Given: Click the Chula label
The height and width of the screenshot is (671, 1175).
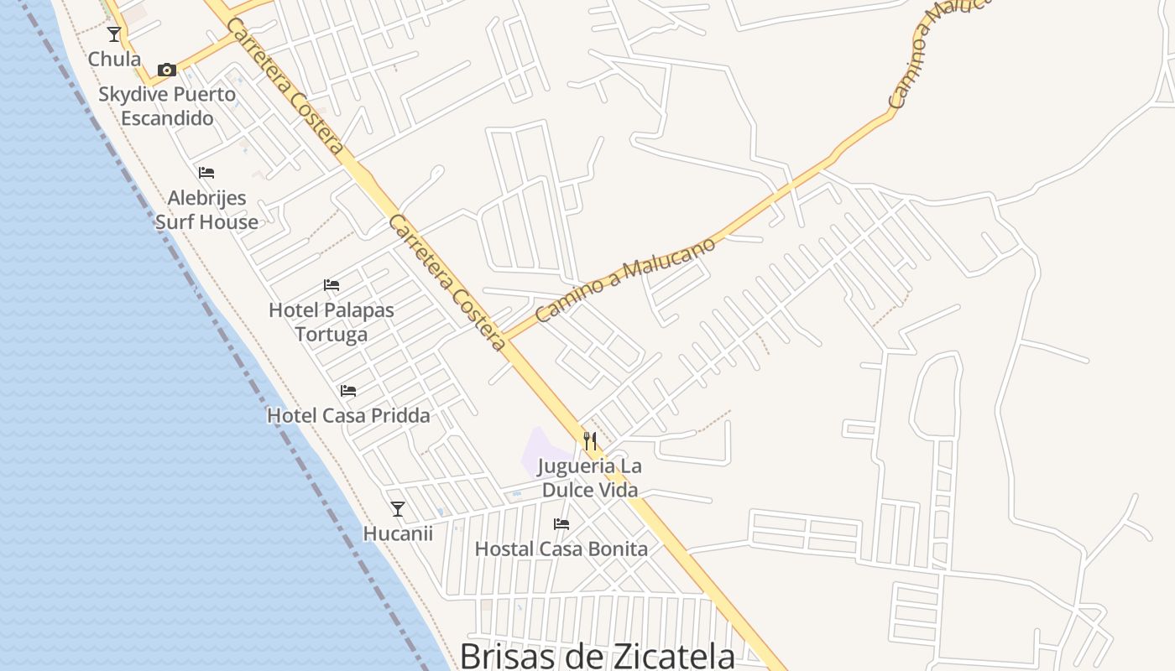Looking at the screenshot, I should point(114,60).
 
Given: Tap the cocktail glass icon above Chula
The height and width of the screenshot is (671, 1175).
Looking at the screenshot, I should point(114,34).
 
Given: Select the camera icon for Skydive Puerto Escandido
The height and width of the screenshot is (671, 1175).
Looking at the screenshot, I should point(167,70).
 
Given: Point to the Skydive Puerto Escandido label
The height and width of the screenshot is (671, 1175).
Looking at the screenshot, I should point(167,106).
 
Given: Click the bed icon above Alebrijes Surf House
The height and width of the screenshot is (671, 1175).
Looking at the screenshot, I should point(206,173).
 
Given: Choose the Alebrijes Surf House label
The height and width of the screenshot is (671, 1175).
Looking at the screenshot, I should point(206,210).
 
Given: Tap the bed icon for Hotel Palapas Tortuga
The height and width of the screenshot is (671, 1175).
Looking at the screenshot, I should point(332,285).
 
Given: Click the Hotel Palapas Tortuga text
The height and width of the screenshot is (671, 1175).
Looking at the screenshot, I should point(332,322).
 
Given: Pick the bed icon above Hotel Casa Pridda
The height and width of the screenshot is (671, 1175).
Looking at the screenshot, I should point(348,391).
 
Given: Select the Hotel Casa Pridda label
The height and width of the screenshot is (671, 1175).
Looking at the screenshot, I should point(348,415).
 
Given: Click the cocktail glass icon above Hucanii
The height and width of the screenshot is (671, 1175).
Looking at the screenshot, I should point(398,509).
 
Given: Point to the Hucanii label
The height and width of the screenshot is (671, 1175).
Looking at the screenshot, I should point(398,533).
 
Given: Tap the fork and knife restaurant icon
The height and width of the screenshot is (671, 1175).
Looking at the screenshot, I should point(590,441).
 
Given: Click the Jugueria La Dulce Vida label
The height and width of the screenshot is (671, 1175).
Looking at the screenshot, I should point(590,478).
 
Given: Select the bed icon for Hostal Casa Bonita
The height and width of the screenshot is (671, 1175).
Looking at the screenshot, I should point(561,524).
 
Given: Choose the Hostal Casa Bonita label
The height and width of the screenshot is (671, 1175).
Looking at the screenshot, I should point(561,549).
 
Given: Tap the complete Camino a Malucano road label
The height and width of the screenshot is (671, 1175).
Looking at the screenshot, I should point(625,279).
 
